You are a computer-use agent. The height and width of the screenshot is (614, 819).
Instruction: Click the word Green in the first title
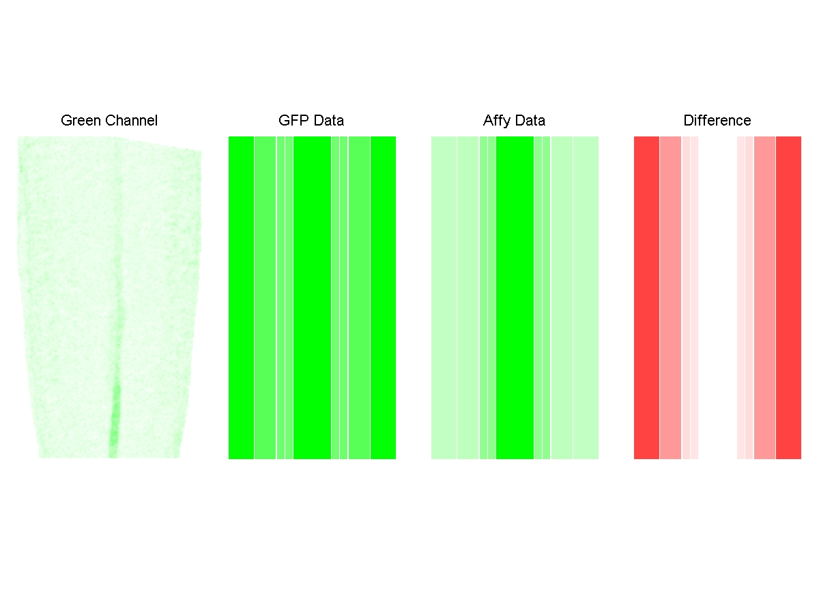click(78, 121)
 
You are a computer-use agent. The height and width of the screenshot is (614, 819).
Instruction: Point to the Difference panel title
click(717, 121)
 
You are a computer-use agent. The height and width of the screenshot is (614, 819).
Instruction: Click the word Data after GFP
click(328, 121)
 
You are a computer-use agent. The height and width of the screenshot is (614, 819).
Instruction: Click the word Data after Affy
click(530, 121)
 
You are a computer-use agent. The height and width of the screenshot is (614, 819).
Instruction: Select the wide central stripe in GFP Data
click(312, 297)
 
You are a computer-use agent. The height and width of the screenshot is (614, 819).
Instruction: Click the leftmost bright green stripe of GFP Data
click(241, 297)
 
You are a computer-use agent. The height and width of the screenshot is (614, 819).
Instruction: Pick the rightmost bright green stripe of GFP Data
click(383, 297)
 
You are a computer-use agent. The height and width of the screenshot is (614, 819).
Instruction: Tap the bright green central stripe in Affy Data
click(515, 297)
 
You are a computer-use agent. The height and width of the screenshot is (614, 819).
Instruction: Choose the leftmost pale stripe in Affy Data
click(444, 297)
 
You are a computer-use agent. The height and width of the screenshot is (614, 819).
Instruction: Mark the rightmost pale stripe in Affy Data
click(586, 297)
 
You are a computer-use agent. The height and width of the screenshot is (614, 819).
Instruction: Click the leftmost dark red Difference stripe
click(646, 297)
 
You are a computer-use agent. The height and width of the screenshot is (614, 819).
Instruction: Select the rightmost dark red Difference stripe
click(788, 297)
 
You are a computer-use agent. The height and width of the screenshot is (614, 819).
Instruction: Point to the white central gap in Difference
click(717, 297)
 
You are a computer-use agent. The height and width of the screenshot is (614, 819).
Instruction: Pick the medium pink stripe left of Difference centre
click(670, 297)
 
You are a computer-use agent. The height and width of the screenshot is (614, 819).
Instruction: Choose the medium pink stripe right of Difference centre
click(764, 297)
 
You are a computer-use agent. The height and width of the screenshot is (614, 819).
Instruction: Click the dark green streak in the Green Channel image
click(114, 423)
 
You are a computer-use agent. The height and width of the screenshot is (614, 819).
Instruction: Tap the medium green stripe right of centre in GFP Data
click(359, 297)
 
